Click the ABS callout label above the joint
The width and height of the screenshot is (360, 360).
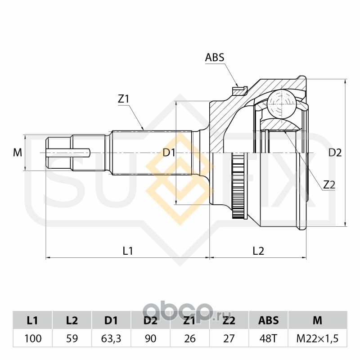[215, 58]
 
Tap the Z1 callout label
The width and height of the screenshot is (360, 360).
[124, 99]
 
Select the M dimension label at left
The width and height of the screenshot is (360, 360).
[18, 153]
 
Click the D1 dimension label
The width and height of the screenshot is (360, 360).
[169, 153]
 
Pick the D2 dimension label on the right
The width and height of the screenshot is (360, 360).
[335, 153]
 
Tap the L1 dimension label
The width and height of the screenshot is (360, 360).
[128, 251]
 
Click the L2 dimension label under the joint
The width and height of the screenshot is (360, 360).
[258, 251]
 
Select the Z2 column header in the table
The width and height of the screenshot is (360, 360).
[229, 321]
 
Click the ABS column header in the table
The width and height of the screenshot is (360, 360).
[269, 321]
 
